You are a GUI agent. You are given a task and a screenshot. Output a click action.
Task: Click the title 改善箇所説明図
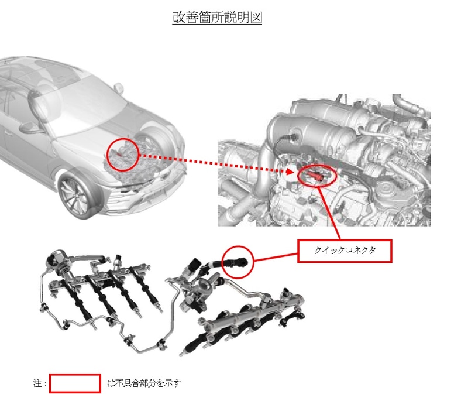(217, 18)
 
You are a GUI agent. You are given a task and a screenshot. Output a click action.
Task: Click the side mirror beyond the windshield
(121, 87)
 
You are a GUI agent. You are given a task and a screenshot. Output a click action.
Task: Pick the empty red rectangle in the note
(75, 383)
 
